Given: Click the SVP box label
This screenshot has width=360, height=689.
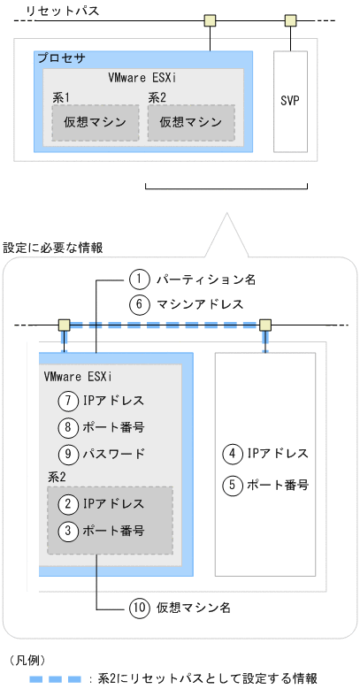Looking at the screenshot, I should pos(289,100).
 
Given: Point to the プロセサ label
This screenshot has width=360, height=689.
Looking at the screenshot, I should pos(61,57).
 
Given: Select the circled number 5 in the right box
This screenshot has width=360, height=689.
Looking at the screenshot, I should pos(231,484).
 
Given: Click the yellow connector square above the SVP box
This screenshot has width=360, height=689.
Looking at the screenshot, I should pos(290,19).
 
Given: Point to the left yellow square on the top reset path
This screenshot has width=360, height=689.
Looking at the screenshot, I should pos(210,19).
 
